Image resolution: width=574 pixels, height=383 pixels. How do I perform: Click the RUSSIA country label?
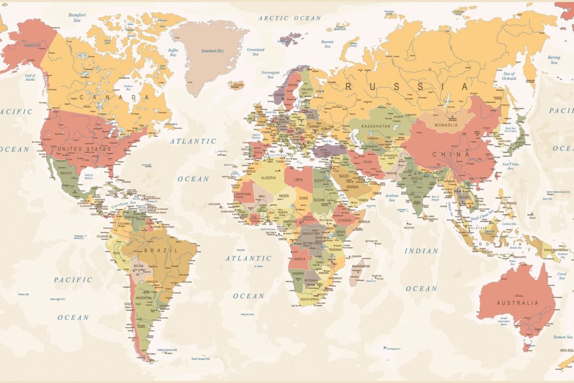click(x=407, y=87)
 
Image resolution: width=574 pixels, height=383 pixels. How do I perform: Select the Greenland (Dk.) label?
click(x=212, y=51)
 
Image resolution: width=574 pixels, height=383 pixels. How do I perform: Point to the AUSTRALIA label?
click(x=517, y=303)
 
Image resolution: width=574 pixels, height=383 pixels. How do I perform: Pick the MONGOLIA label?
click(x=446, y=125)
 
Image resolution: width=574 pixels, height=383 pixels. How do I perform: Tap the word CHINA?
click(x=451, y=155)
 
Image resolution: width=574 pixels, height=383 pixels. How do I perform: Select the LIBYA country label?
click(x=298, y=180)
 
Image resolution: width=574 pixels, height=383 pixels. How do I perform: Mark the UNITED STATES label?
click(x=84, y=149)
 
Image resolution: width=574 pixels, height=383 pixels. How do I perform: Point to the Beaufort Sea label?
click(x=77, y=18)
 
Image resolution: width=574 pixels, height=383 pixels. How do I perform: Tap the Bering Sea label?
click(x=554, y=60)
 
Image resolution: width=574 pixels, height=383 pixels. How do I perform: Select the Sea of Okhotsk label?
click(x=508, y=76)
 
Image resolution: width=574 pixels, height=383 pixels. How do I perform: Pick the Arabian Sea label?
click(x=392, y=197)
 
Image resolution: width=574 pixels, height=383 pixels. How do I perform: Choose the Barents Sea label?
click(x=328, y=44)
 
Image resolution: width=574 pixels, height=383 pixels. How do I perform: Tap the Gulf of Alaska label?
click(x=31, y=77)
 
